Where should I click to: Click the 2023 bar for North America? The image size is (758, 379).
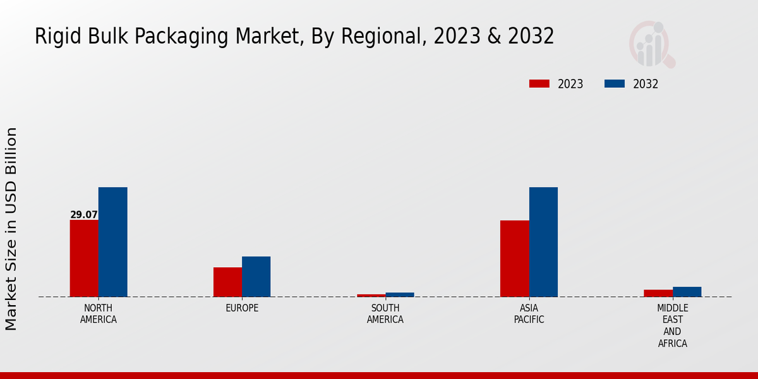click(x=84, y=258)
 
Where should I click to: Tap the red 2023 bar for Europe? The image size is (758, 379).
click(x=227, y=282)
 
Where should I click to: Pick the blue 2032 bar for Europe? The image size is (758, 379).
click(x=256, y=277)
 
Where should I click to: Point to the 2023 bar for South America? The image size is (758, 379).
click(x=371, y=295)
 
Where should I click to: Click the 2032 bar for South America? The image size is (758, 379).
click(x=400, y=294)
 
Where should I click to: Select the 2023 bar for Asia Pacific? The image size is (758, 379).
click(x=515, y=258)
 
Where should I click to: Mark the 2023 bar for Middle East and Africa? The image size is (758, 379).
click(x=658, y=293)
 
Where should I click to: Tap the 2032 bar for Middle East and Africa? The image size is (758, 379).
click(x=687, y=292)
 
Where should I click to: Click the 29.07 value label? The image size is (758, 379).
click(x=84, y=215)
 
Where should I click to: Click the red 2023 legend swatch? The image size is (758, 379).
click(x=539, y=84)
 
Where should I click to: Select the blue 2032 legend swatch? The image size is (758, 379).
click(x=615, y=84)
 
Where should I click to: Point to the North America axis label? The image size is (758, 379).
click(x=99, y=314)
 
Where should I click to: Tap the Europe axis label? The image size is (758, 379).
click(x=242, y=308)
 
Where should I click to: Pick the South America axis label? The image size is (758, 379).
click(x=385, y=314)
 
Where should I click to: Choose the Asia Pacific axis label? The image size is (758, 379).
click(x=529, y=314)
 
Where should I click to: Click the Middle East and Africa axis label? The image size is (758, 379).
click(x=673, y=326)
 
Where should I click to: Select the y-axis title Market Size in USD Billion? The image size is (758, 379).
click(x=11, y=229)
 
